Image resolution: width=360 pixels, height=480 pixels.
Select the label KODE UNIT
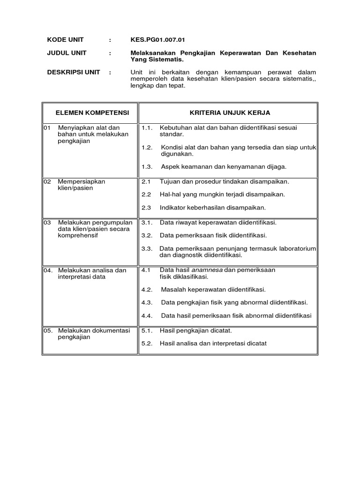[x=66, y=40]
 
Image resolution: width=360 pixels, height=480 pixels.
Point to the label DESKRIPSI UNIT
[x=74, y=72]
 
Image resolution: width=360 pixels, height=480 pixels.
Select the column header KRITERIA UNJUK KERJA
[x=230, y=113]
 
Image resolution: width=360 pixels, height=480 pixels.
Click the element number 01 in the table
[x=47, y=127]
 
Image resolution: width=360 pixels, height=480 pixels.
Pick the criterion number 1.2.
[x=147, y=147]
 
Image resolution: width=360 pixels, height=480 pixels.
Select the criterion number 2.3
[x=146, y=207]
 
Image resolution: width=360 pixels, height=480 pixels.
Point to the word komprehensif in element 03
[x=78, y=235]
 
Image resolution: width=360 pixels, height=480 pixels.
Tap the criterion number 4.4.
[x=147, y=315]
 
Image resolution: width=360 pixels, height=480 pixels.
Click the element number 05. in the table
[x=48, y=330]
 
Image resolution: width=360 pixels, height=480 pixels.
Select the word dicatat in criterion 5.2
[x=255, y=343]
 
